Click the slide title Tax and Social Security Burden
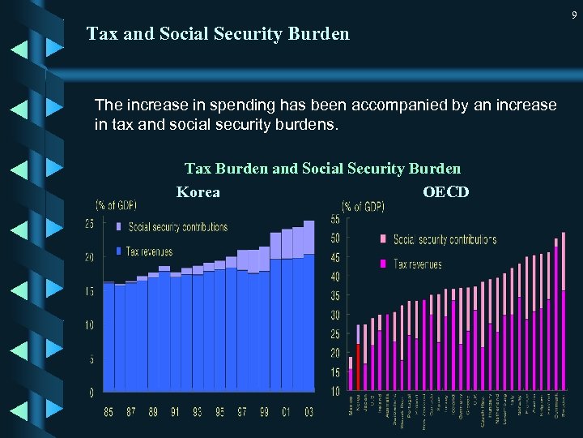pyautogui.click(x=218, y=34)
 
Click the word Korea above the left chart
pyautogui.click(x=198, y=192)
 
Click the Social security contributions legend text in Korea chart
pyautogui.click(x=178, y=227)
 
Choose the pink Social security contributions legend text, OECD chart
pyautogui.click(x=445, y=239)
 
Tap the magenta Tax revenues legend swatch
pyautogui.click(x=383, y=264)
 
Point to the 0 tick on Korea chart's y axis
pyautogui.click(x=91, y=393)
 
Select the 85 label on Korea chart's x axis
pyautogui.click(x=109, y=412)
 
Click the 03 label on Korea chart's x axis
pyautogui.click(x=309, y=412)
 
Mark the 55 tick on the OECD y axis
pyautogui.click(x=335, y=219)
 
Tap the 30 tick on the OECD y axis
pyautogui.click(x=335, y=315)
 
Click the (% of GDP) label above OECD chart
pyautogui.click(x=364, y=206)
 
